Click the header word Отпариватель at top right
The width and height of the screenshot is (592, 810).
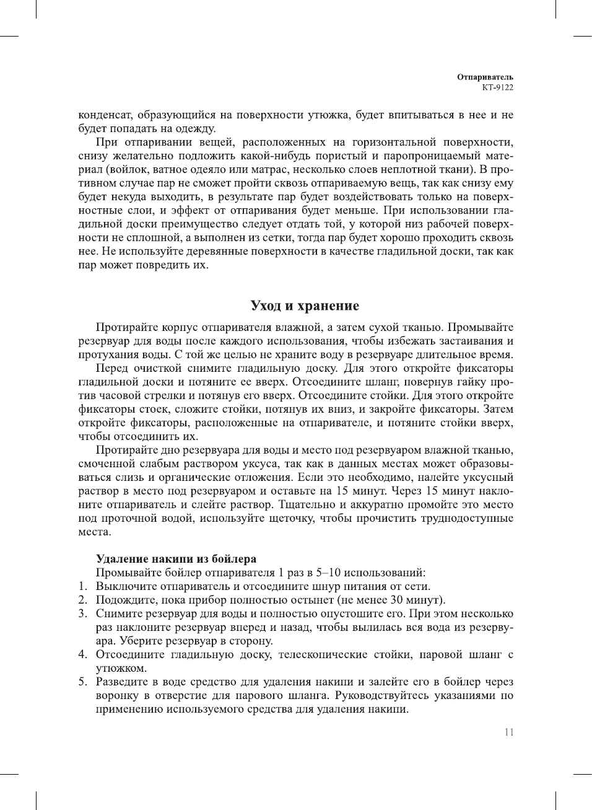(485, 77)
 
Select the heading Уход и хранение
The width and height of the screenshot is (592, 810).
(304, 306)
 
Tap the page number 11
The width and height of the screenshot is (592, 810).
(508, 732)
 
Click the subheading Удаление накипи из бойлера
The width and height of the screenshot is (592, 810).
(176, 558)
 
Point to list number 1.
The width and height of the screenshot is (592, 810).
(82, 586)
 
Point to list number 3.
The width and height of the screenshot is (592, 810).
(82, 614)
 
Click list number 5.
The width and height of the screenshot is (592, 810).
(82, 682)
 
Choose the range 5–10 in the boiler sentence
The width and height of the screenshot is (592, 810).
(328, 573)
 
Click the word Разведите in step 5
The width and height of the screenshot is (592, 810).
(122, 682)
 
